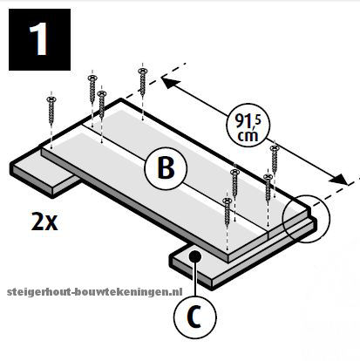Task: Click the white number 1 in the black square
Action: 38,39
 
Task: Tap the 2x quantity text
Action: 44,221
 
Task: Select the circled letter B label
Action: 166,168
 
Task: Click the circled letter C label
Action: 195,317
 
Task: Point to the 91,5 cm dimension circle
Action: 248,126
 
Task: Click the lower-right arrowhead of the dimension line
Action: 338,179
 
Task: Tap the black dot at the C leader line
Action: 195,256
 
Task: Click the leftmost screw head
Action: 51,99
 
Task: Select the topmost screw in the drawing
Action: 142,81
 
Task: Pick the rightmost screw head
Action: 275,148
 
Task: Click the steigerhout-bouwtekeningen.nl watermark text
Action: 95,292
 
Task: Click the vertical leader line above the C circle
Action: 195,279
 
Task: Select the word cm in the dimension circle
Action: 248,135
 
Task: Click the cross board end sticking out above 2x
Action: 44,174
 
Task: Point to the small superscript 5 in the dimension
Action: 258,119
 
